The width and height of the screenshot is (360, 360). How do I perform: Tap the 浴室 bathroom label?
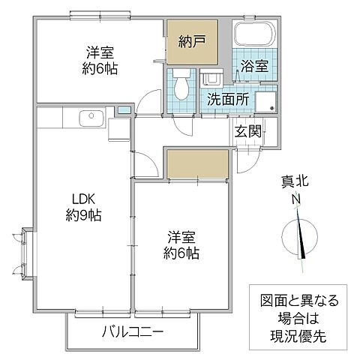[x=253, y=67]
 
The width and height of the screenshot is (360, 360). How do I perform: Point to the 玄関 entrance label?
[x=247, y=130]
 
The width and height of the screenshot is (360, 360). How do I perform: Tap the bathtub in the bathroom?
[x=255, y=34]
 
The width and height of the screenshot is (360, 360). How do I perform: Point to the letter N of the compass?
[x=297, y=199]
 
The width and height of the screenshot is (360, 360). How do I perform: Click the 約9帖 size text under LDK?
[x=82, y=214]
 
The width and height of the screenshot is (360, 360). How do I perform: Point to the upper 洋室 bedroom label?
[x=100, y=52]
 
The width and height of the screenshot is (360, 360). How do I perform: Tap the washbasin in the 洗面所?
[x=211, y=78]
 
